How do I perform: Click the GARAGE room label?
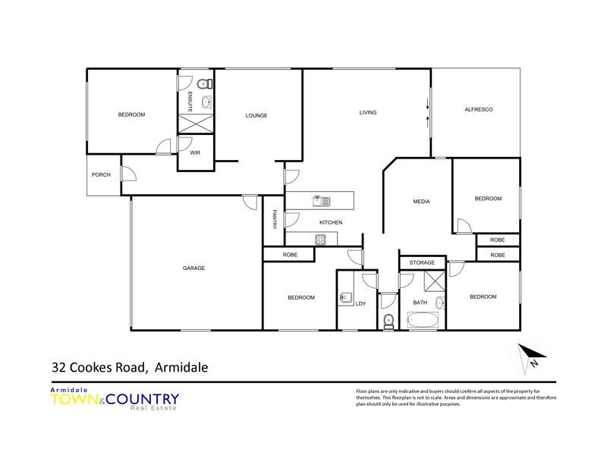[193, 268]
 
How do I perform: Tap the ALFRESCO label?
[479, 110]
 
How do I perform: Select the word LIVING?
[368, 113]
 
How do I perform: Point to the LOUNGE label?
[256, 115]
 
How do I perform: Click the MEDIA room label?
[421, 202]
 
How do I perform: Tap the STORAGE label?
[422, 262]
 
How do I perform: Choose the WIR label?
[195, 152]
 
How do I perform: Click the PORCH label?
[101, 175]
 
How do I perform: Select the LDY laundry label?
[360, 304]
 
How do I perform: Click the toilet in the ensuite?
[203, 83]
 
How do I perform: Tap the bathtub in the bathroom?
[423, 321]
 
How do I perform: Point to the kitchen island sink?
[320, 201]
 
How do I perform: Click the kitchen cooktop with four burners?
[320, 240]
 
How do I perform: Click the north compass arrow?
[529, 355]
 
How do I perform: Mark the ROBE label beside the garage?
[289, 255]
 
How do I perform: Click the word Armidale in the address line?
[181, 368]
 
